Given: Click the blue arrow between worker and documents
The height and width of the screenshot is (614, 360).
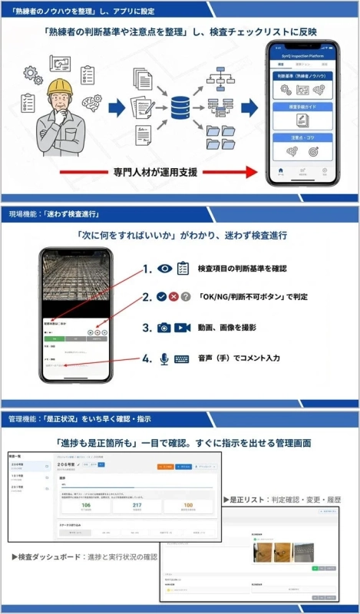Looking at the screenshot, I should (117, 108).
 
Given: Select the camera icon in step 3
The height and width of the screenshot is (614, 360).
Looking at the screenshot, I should (163, 328).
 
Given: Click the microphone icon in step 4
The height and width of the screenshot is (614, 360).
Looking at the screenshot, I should (163, 358).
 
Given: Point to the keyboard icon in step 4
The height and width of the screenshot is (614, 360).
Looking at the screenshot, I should (182, 358).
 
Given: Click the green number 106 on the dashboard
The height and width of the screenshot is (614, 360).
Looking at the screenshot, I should (86, 505).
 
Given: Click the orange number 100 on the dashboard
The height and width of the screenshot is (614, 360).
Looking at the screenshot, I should (188, 505).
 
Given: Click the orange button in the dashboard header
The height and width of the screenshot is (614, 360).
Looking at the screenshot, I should (165, 466).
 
